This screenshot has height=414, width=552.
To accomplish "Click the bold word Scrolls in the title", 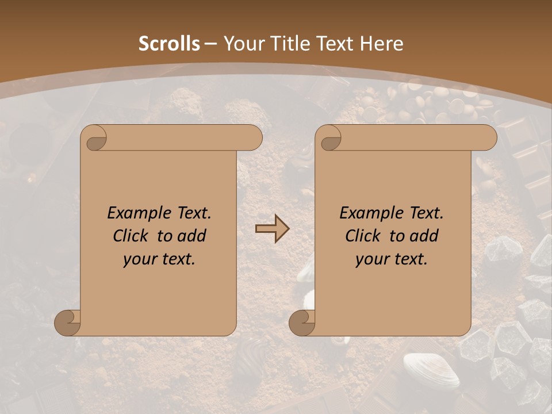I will click(169, 44).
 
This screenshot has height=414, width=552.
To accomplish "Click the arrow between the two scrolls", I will click(272, 229).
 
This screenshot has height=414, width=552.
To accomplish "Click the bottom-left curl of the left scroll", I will click(68, 323).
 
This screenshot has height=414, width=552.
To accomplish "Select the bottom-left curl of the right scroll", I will click(302, 323).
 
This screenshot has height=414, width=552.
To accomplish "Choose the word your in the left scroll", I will click(139, 259).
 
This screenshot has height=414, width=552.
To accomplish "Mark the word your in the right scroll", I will click(371, 259).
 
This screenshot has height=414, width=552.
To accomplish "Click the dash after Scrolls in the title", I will click(210, 44).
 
